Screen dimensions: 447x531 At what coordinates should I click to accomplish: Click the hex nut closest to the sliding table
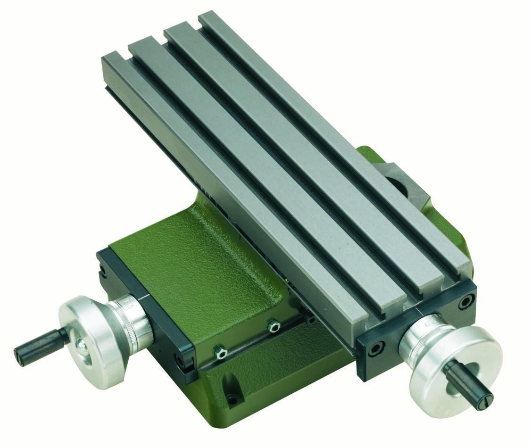272,326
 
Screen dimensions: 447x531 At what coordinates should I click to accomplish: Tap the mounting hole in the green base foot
231,401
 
